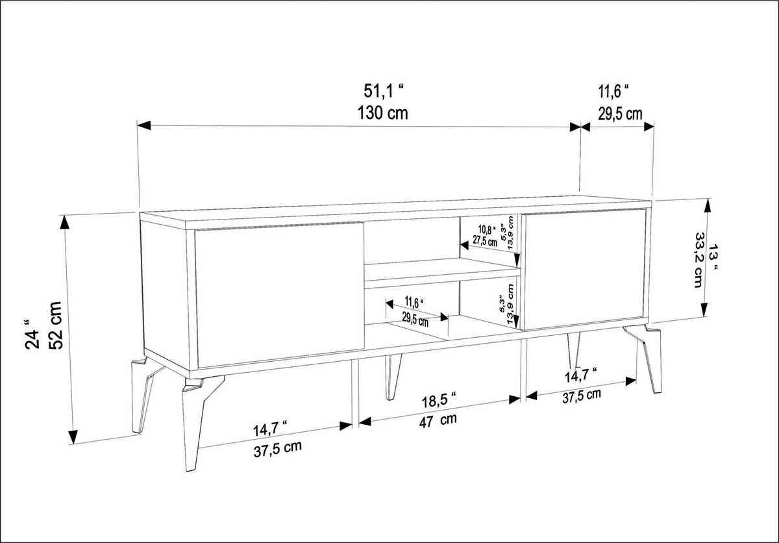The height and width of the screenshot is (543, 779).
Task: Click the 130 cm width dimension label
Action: [382, 113]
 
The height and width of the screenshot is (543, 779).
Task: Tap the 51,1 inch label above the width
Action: [384, 91]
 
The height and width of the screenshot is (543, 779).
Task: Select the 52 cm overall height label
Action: [56, 325]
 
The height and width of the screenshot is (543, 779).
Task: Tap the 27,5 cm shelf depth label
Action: [485, 241]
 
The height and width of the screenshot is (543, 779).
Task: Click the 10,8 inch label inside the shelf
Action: [486, 229]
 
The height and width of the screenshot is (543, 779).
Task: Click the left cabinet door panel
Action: [279, 295]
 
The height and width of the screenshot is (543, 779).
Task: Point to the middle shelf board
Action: [442, 273]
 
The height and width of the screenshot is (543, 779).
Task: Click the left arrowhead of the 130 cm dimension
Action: [144, 125]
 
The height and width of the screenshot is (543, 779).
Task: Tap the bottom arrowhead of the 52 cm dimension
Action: [73, 437]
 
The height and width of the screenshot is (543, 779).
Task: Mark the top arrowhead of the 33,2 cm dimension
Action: [707, 206]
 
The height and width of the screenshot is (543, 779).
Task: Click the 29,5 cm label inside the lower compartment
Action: [415, 320]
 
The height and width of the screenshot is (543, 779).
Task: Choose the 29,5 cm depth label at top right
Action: [620, 114]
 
